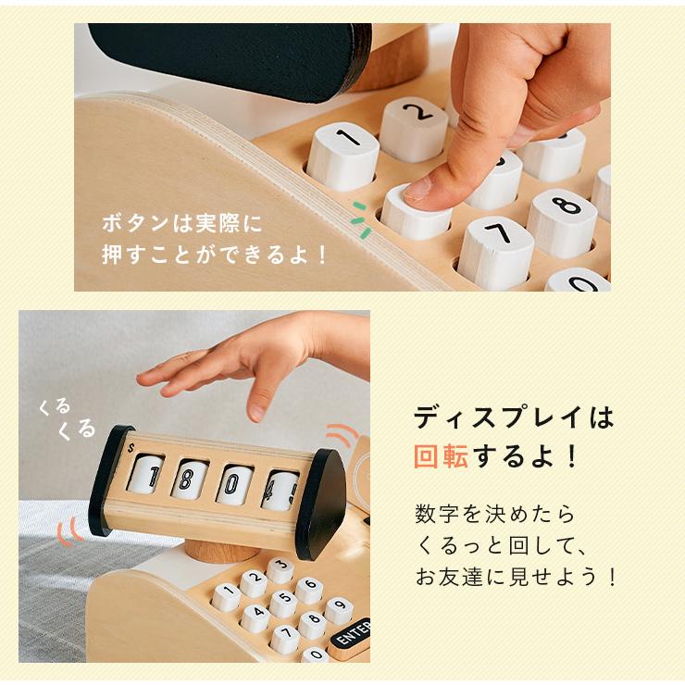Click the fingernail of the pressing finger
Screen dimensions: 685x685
click(418, 189)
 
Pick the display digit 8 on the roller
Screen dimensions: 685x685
click(189, 480)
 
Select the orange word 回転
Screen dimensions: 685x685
click(441, 456)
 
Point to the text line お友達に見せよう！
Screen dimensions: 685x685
click(515, 577)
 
